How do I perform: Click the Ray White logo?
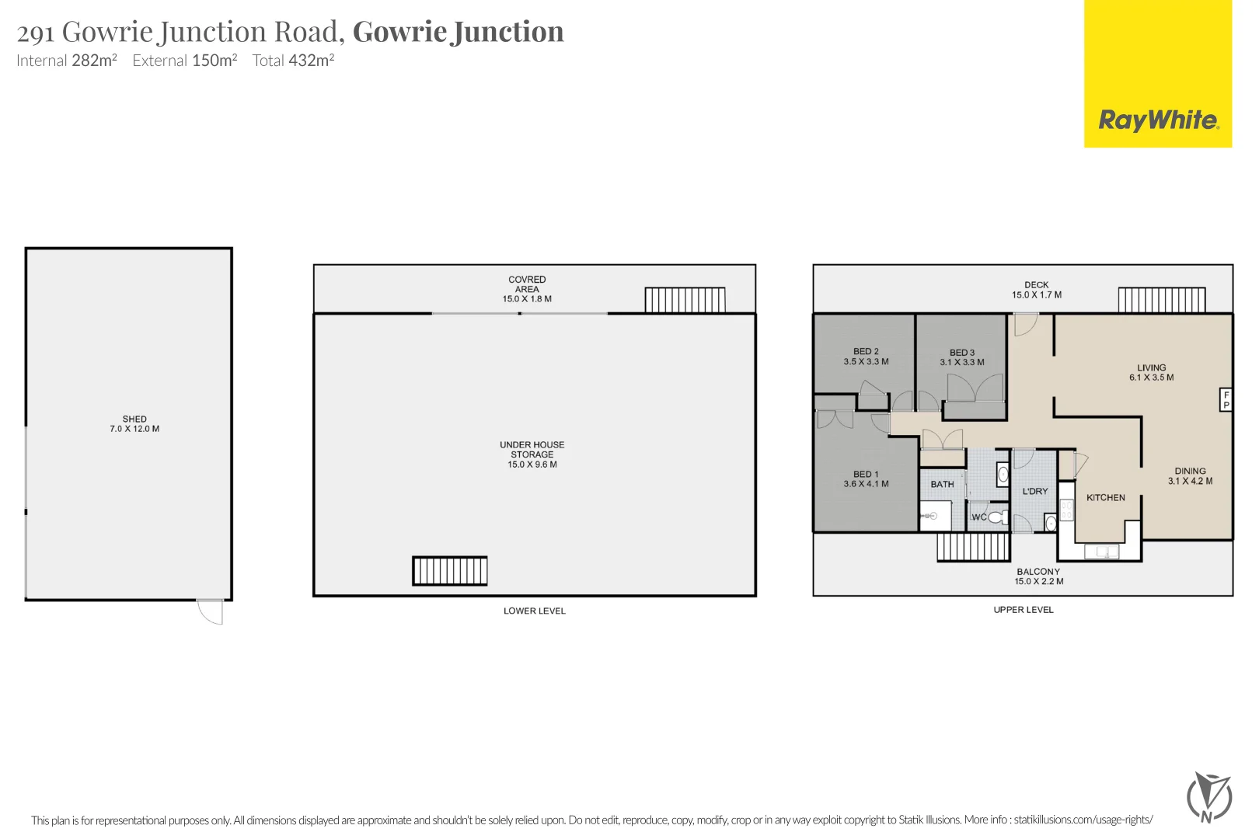[1158, 120]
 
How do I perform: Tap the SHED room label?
[134, 419]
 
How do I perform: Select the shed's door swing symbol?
[211, 611]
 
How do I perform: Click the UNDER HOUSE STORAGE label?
[532, 450]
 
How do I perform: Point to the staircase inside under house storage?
[450, 571]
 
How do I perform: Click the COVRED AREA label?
[527, 284]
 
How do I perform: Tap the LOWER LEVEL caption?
[535, 611]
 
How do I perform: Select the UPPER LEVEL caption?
[1024, 610]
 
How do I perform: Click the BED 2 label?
[866, 352]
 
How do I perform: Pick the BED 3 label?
[962, 353]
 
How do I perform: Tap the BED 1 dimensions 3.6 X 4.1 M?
[866, 484]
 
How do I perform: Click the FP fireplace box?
[1226, 399]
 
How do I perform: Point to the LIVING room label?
[1152, 367]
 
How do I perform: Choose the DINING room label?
[1190, 471]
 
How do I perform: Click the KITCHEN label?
[1106, 498]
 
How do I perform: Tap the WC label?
[979, 517]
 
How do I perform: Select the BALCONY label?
[1038, 572]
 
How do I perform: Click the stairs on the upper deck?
[1162, 300]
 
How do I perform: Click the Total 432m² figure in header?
[294, 61]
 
